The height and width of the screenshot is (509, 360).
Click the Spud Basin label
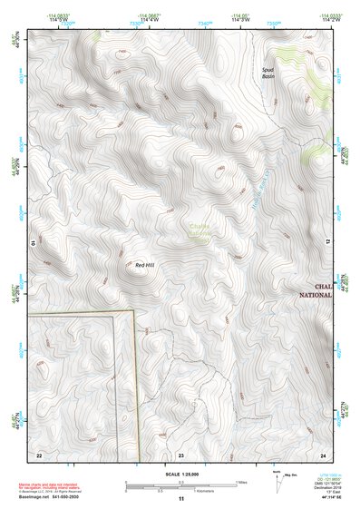[268, 73]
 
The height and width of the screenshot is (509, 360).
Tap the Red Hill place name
[144, 265]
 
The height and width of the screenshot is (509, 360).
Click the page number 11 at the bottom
[180, 499]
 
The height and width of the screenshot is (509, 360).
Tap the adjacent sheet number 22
[38, 454]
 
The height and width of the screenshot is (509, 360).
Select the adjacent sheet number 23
[180, 454]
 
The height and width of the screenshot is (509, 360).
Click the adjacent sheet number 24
[323, 454]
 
